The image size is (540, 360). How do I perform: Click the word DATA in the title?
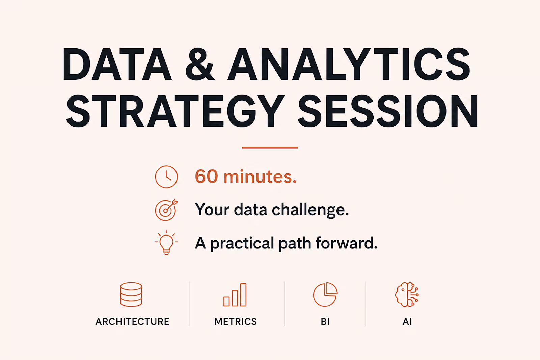117,64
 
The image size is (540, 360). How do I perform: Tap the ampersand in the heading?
199,64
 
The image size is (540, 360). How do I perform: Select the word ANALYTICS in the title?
349,64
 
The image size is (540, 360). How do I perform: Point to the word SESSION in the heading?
388,111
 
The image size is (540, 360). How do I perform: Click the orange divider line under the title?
270,148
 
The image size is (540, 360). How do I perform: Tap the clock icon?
166,177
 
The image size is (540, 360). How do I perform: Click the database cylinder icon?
131,295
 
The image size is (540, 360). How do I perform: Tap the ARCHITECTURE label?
132,322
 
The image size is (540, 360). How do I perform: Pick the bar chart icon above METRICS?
235,295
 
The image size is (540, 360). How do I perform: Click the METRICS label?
236,322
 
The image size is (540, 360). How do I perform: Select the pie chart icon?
325,295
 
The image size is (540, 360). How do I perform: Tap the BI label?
325,322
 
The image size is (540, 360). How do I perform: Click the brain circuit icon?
407,295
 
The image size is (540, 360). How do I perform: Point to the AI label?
407,322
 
